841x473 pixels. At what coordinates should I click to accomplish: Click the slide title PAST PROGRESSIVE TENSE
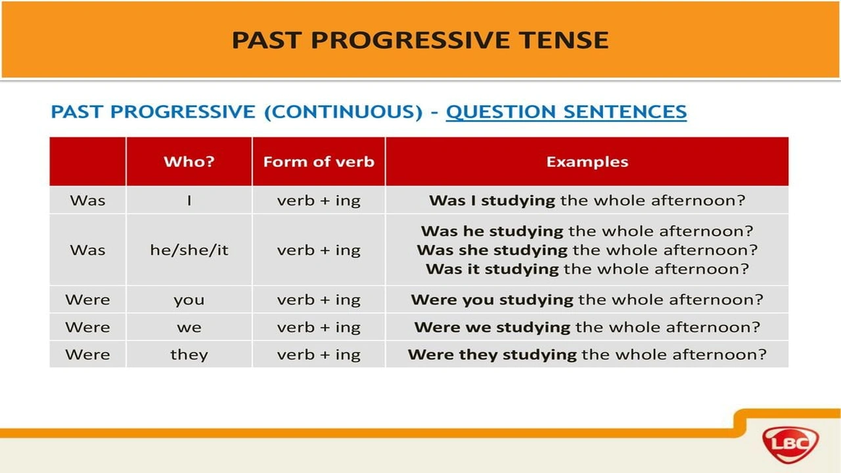(420, 40)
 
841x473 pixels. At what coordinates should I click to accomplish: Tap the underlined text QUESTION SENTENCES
(566, 112)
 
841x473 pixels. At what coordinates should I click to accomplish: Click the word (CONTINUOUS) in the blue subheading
(343, 112)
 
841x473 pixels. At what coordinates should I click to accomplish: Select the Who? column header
(189, 162)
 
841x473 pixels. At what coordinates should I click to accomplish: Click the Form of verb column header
(319, 162)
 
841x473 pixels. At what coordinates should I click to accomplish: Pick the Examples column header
(587, 162)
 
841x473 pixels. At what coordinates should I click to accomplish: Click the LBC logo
(790, 445)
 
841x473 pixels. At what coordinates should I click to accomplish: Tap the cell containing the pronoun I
(189, 200)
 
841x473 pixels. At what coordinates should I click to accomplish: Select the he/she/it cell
(189, 250)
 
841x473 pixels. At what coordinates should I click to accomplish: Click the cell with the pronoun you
(189, 300)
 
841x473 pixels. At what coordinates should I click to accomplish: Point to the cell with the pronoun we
(189, 327)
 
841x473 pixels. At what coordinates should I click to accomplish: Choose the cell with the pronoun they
(189, 355)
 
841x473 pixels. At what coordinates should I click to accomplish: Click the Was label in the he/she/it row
(87, 250)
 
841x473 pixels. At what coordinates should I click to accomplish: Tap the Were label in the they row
(87, 355)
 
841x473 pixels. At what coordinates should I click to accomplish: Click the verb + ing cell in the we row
(319, 327)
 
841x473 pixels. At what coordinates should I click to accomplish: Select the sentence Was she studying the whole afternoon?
(587, 250)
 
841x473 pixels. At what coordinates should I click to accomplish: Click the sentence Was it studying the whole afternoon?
(587, 269)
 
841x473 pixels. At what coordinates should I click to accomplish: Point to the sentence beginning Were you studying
(587, 300)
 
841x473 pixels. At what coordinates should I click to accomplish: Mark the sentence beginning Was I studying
(587, 200)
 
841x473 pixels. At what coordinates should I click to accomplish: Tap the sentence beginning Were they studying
(587, 355)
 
